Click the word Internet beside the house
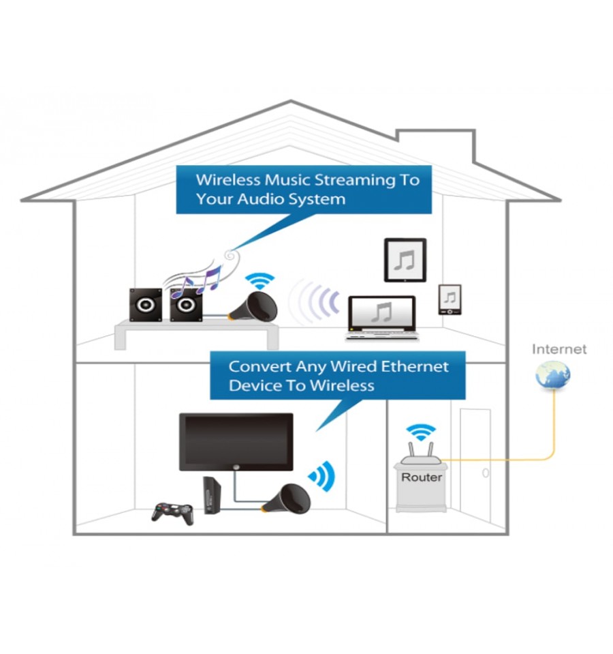559,349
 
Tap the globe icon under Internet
552,375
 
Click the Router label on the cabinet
422,477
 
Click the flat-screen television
236,442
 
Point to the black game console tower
212,495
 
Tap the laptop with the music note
382,318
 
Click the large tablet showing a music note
405,260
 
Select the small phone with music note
450,299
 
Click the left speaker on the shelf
146,305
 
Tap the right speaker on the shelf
186,305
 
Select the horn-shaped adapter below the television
287,499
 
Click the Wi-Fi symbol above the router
421,432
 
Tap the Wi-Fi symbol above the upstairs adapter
260,281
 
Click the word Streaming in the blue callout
355,180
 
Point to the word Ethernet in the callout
414,366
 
